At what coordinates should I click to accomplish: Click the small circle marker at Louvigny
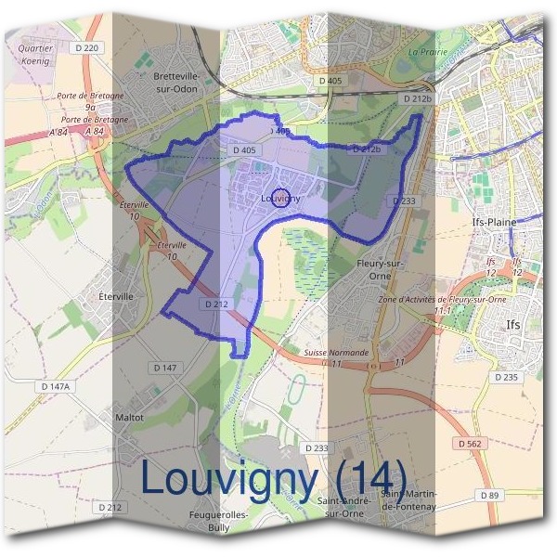(x=284, y=198)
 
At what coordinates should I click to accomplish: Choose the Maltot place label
(x=129, y=417)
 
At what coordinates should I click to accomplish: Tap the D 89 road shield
(x=489, y=496)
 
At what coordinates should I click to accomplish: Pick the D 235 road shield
(x=506, y=377)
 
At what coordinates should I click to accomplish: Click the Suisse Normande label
(x=336, y=353)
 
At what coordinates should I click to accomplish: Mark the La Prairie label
(x=427, y=51)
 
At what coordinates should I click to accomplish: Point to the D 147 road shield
(x=164, y=369)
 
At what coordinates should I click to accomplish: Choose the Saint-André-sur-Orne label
(x=340, y=507)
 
